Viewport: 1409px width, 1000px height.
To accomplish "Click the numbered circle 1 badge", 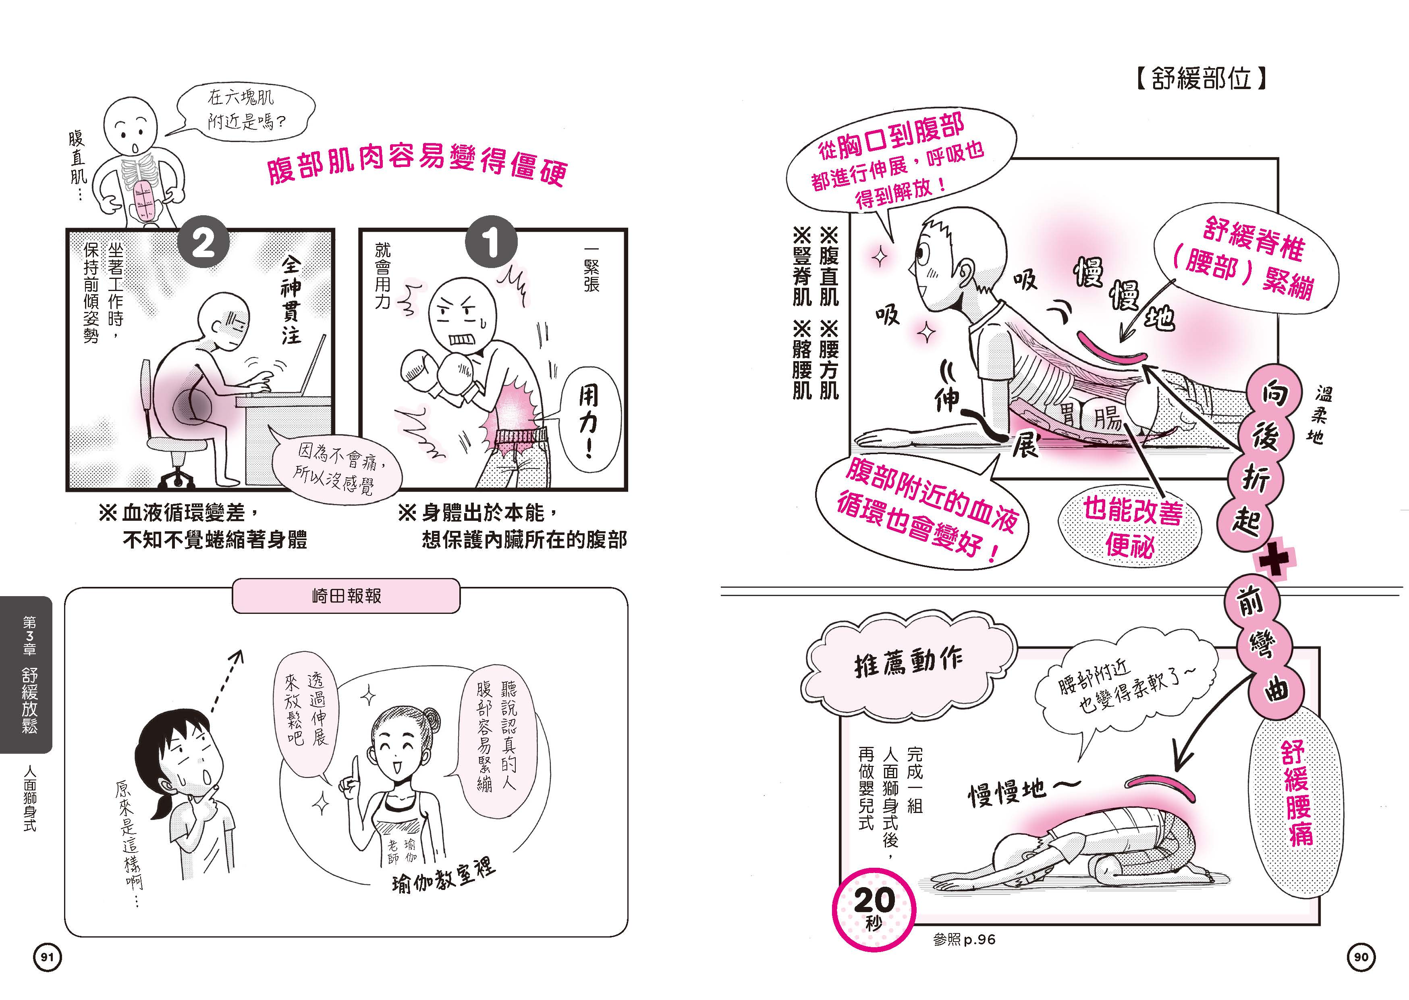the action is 491,242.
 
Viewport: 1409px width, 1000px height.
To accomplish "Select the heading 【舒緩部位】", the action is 1200,79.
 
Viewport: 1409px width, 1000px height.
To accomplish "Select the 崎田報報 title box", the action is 346,595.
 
